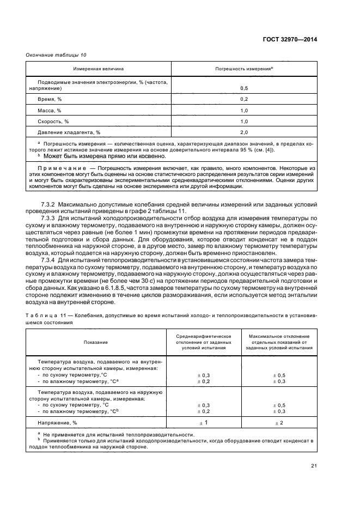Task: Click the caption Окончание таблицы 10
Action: [56, 54]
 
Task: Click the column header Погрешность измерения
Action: [244, 69]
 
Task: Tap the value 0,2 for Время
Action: [244, 99]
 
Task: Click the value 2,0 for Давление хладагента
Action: [244, 132]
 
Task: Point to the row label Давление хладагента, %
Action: [69, 132]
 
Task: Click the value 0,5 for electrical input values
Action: [244, 88]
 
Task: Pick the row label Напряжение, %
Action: [57, 422]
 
